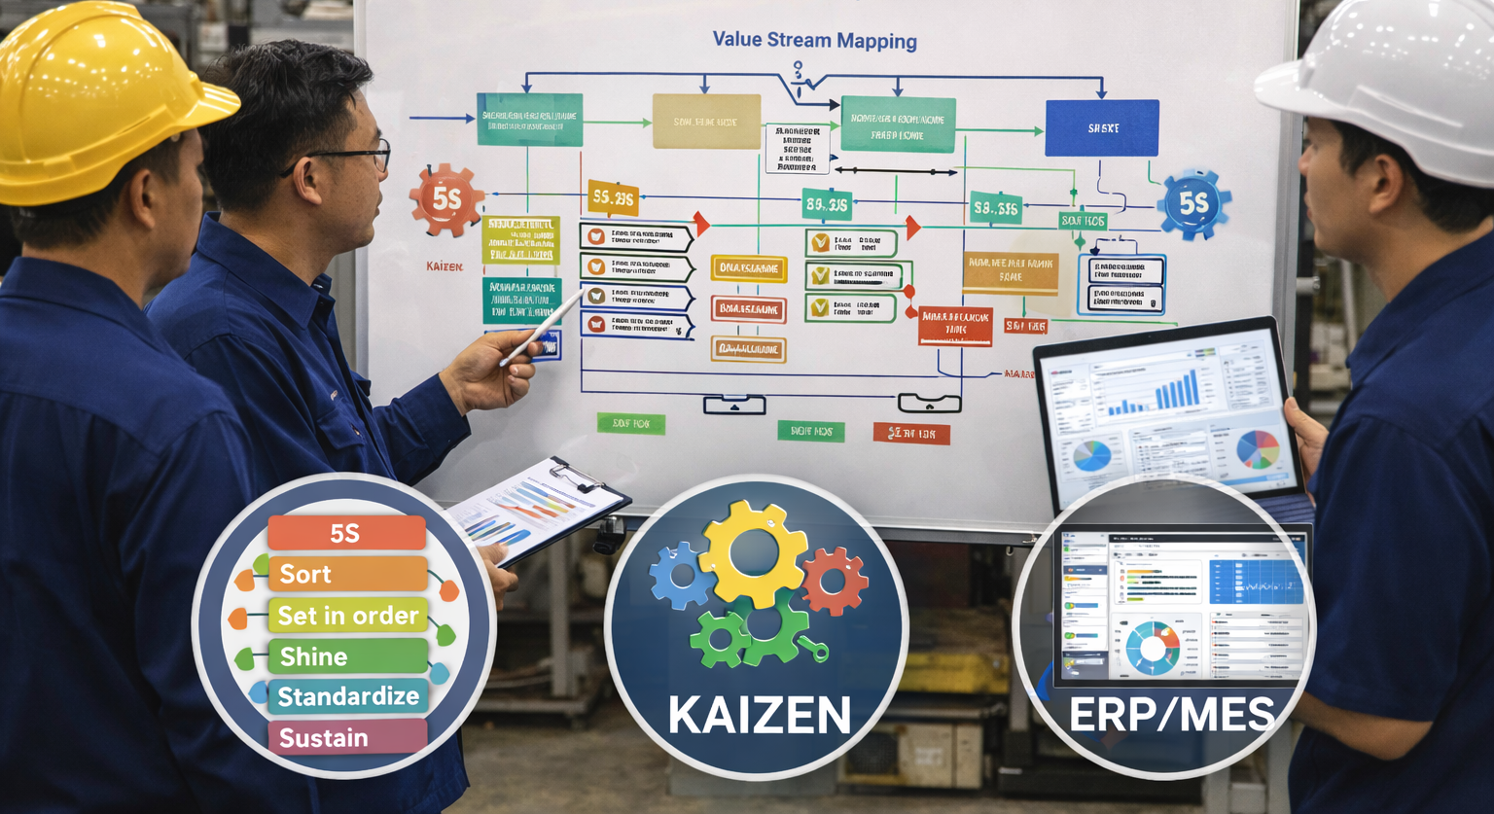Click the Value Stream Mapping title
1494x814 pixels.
814,41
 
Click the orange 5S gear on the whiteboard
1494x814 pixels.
446,200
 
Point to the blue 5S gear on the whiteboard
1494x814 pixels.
1193,204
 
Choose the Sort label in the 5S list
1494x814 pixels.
346,575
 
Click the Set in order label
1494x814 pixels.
347,616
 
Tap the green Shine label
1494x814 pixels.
346,656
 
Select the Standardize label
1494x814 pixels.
347,696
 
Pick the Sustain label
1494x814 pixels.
346,737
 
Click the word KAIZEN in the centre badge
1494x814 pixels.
759,716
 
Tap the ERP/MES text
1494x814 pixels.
1171,716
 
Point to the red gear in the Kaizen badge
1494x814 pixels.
834,581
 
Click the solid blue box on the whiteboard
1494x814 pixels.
1101,127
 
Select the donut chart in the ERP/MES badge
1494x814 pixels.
1153,647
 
